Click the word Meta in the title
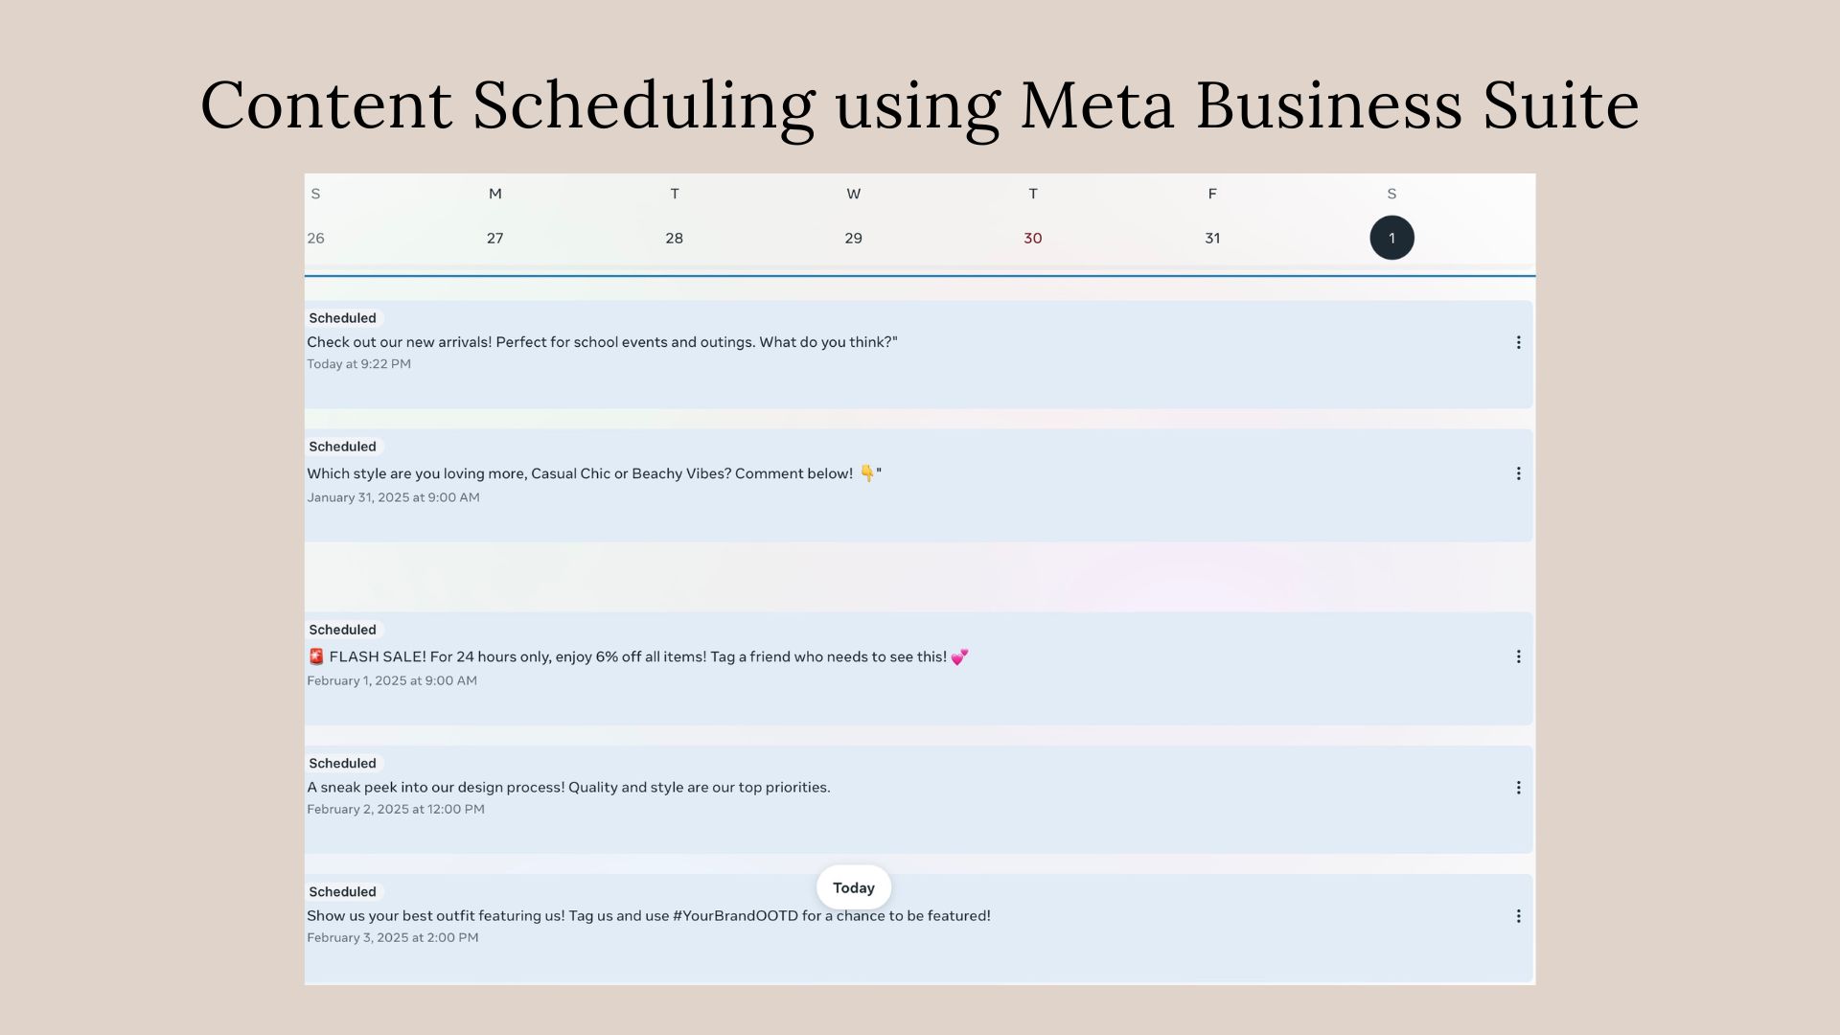pos(1096,104)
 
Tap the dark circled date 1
pos(1391,238)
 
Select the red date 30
pos(1032,238)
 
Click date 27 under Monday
pos(494,238)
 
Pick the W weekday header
pos(853,194)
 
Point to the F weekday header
pos(1212,194)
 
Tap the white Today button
pos(853,887)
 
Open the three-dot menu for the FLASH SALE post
pos(1518,656)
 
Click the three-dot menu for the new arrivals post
pos(1518,342)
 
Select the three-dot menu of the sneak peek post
pos(1518,788)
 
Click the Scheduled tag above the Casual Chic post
pos(343,447)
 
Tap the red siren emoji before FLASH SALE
pos(316,656)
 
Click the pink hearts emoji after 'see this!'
pos(959,656)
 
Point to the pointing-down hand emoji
pos(867,473)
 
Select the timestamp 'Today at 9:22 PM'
pos(358,364)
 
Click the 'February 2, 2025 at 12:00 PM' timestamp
pos(396,809)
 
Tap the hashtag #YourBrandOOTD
pos(735,915)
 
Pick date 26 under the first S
pos(315,238)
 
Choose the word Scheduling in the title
pos(643,106)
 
